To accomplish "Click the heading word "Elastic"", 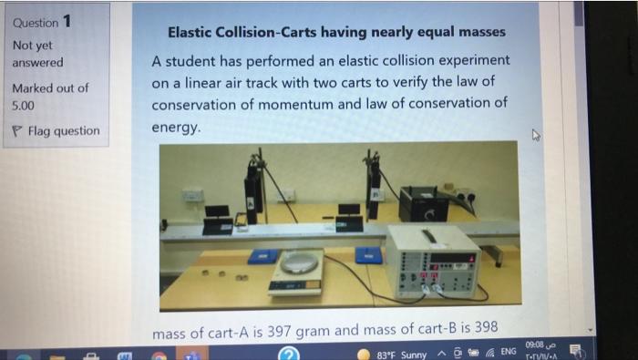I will point(193,32).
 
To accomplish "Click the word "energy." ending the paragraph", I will point(176,128).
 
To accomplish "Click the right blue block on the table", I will point(368,254).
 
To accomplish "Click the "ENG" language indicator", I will point(509,352).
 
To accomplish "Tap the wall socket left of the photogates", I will point(192,195).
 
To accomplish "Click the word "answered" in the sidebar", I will point(37,63).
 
